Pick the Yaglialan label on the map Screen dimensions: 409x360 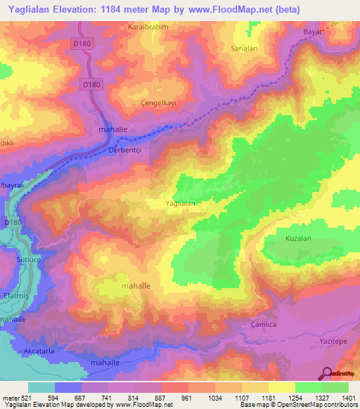[x=179, y=203]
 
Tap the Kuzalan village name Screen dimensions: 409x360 [x=298, y=239]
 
